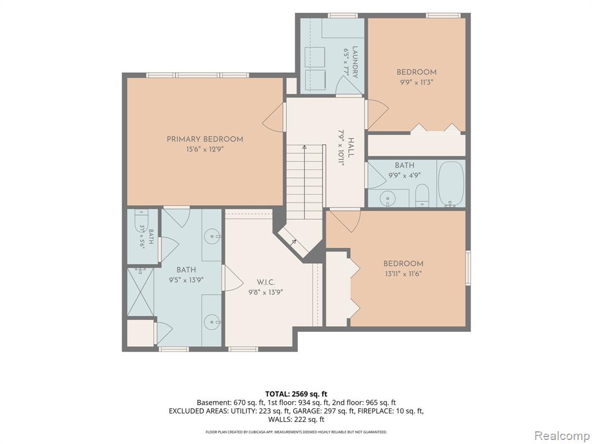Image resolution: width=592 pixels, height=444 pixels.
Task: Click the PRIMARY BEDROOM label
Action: (205, 139)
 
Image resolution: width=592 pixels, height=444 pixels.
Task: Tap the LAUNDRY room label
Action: (355, 62)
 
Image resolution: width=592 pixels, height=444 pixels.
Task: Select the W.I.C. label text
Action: (266, 282)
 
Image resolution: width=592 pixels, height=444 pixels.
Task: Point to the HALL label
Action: (351, 148)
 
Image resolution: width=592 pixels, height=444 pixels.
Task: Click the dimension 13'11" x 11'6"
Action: (403, 273)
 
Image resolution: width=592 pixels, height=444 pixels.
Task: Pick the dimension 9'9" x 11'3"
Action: (416, 82)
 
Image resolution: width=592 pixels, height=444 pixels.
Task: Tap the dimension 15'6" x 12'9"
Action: (205, 149)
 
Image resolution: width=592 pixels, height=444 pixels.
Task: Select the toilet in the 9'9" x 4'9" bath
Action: (421, 195)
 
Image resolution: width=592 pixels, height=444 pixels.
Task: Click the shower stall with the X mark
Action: (140, 292)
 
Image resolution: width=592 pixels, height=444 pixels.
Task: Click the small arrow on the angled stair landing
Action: (293, 242)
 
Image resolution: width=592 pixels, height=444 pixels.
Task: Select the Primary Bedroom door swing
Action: (273, 117)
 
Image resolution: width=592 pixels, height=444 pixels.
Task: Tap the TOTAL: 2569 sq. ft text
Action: (297, 394)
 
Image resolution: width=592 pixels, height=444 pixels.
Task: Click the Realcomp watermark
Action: (562, 435)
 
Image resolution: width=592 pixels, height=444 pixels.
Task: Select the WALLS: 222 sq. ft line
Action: (297, 420)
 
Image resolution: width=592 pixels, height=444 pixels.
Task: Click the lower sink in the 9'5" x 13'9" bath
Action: (212, 322)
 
